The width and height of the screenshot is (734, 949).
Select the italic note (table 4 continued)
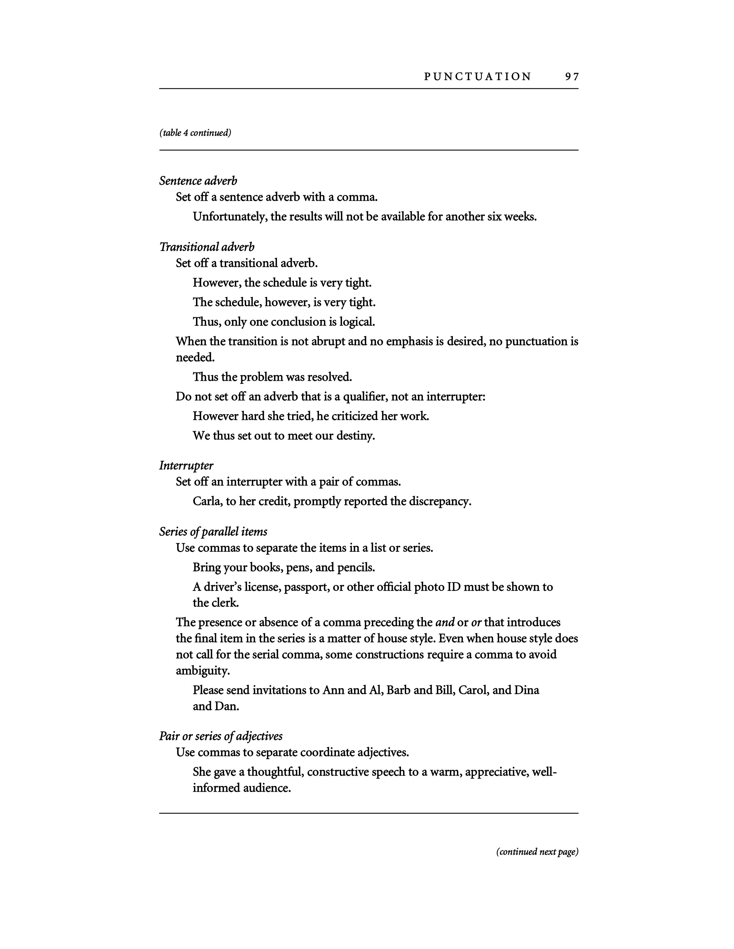[x=195, y=133]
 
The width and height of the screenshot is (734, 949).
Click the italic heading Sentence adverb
[x=198, y=181]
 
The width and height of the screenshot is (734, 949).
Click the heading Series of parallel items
[x=213, y=531]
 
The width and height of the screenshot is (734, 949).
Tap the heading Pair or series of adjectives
[x=221, y=736]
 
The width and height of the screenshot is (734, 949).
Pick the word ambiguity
[x=203, y=671]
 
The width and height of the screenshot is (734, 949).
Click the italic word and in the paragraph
[x=445, y=623]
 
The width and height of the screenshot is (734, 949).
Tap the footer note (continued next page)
[x=537, y=852]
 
